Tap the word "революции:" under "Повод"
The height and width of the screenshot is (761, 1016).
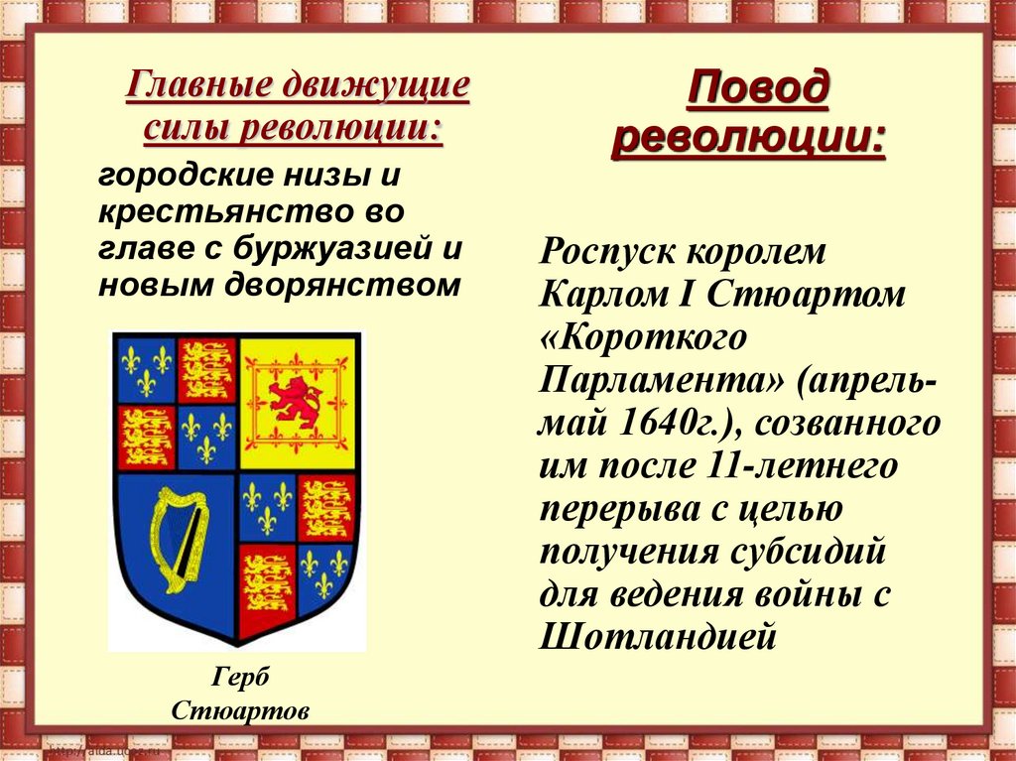pos(748,139)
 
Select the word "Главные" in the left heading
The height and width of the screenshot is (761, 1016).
pos(197,86)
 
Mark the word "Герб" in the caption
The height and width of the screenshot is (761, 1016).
pos(240,678)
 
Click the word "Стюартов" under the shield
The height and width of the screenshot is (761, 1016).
pos(240,711)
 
